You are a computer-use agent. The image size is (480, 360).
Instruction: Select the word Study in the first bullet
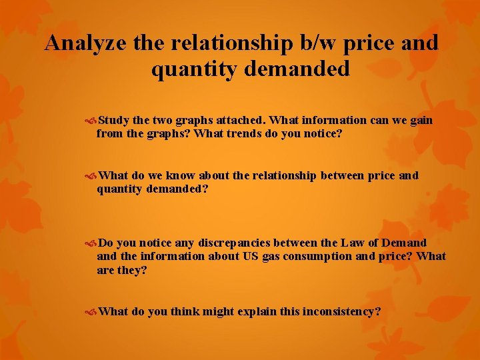114,121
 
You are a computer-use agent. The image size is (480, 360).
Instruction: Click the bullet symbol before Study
92,121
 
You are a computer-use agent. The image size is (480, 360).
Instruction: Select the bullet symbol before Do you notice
92,243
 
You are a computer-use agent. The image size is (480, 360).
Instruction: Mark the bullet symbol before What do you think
92,311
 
